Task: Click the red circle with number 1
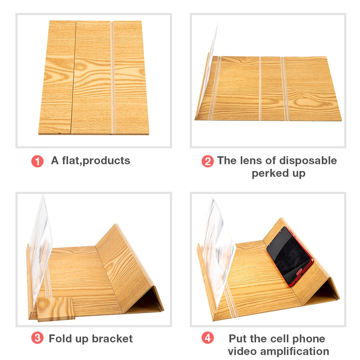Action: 37,161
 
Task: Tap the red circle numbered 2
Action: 207,161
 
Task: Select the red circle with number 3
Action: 37,338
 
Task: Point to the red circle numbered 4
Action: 207,338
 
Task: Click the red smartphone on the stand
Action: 290,256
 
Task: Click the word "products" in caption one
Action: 106,161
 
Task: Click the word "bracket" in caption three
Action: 112,338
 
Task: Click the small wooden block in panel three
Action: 55,309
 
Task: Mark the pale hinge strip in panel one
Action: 113,77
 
